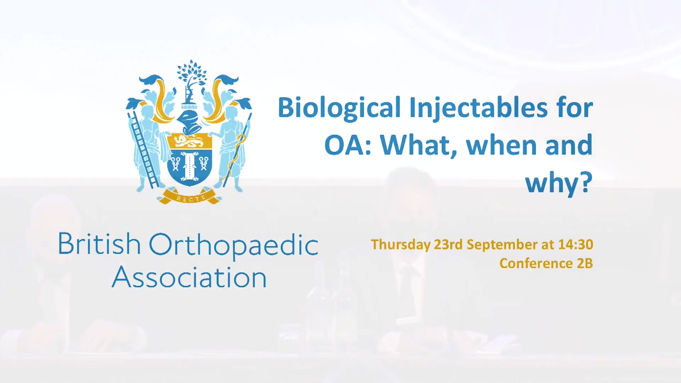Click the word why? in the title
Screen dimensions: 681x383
[559, 183]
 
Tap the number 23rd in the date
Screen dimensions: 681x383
[448, 244]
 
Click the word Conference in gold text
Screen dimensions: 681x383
[536, 263]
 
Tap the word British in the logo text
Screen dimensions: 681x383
[99, 244]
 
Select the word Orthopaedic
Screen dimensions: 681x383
[233, 246]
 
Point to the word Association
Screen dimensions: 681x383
[189, 277]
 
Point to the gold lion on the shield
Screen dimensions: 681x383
[189, 141]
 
